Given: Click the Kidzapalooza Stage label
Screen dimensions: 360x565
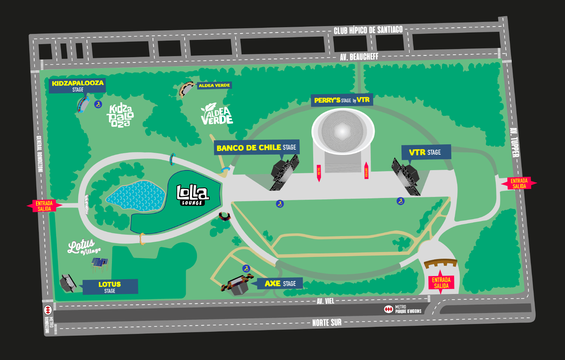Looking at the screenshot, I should [77, 86].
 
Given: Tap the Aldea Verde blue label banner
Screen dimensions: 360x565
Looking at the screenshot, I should [214, 85].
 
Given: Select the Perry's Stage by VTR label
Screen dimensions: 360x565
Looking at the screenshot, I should [341, 100].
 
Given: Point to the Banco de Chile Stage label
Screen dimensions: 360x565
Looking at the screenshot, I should [257, 148].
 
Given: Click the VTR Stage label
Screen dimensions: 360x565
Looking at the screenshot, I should [426, 152].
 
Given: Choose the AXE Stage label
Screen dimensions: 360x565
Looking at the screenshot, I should [280, 283].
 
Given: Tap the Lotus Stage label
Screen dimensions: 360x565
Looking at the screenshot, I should [110, 287].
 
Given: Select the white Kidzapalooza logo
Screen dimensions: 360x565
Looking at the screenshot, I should [120, 115].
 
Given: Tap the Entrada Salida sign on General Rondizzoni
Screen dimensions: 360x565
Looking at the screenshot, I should [44, 206].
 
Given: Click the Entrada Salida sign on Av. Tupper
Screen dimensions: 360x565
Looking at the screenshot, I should [519, 184].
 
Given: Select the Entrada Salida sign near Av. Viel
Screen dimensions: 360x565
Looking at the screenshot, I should [441, 283].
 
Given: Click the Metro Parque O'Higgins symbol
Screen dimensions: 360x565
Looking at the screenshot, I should [388, 310].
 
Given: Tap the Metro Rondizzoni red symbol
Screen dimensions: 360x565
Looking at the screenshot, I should [48, 310].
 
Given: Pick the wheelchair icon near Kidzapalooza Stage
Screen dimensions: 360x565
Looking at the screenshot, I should [98, 104].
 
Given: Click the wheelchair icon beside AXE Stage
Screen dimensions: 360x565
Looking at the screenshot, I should [246, 269].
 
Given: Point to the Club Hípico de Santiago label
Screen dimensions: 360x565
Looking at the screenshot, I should [368, 30].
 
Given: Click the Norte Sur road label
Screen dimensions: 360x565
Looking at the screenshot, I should [327, 323].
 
